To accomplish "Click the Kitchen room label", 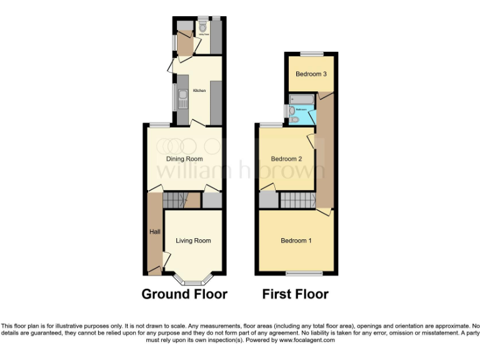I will point(199,91).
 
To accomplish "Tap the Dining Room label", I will point(184,159).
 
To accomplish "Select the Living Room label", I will point(193,240).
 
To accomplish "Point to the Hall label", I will point(154,232).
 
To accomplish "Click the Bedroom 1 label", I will point(296,241).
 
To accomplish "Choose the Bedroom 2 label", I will point(286,159).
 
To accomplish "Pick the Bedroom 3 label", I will point(311,74).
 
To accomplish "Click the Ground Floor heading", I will point(184,294).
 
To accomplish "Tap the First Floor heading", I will point(295,294).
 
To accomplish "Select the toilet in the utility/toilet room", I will point(202,27).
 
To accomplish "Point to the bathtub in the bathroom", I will point(301,99).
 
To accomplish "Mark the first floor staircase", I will point(297,201).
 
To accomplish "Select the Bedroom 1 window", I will point(304,274).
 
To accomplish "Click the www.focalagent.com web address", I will point(307,341).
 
